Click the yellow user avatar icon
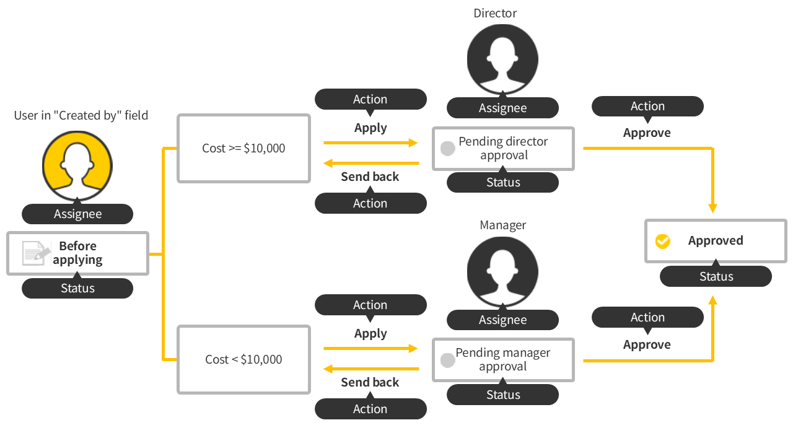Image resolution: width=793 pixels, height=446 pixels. coord(77,166)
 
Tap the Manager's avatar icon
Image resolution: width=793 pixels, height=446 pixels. coord(502,271)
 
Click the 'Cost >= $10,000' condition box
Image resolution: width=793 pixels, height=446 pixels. coord(243,148)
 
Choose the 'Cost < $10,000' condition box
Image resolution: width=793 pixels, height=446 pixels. coord(243,359)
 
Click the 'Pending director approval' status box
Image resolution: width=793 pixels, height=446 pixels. coord(503,149)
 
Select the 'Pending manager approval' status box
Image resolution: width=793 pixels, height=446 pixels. coord(503,360)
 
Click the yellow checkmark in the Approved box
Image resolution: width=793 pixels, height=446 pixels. coord(663,241)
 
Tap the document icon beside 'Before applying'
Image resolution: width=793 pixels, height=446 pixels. coord(36,253)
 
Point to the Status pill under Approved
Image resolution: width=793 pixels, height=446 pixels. coord(716,276)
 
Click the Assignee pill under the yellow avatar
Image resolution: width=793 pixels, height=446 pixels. coord(77,214)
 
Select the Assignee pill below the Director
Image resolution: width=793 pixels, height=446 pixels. coord(502,108)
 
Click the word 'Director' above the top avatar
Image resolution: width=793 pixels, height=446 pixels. coord(494,13)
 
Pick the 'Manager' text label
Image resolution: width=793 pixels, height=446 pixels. coord(502,225)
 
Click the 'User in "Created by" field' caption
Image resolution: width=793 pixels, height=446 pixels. coord(81,115)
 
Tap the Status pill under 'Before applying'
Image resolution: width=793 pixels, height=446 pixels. coord(77,288)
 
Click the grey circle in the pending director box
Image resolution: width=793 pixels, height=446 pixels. coord(447,149)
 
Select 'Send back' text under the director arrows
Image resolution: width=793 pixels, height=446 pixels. coord(370,177)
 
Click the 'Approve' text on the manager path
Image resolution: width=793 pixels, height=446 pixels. coord(647,344)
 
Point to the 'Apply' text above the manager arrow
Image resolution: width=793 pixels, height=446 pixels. coord(370,333)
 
